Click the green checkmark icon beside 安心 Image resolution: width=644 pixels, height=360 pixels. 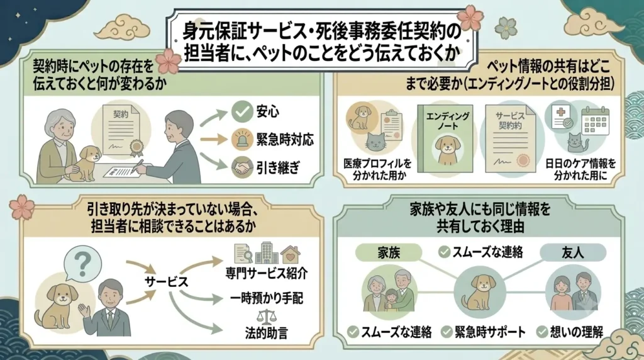pyautogui.click(x=241, y=111)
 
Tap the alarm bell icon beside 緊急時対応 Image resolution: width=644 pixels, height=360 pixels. pyautogui.click(x=241, y=139)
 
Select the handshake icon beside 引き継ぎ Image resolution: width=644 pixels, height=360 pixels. pyautogui.click(x=241, y=167)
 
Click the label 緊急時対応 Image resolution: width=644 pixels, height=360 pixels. pyautogui.click(x=285, y=140)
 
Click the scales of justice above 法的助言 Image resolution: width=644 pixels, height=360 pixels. pyautogui.click(x=266, y=317)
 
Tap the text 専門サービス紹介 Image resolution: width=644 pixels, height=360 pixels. pyautogui.click(x=267, y=273)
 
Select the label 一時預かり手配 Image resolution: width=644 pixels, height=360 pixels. pyautogui.click(x=267, y=298)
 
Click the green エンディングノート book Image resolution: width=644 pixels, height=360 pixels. pyautogui.click(x=445, y=139)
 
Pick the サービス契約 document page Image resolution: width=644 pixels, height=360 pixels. pyautogui.click(x=511, y=139)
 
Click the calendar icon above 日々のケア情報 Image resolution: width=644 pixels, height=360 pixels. pyautogui.click(x=595, y=120)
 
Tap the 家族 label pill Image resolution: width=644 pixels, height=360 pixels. pyautogui.click(x=389, y=253)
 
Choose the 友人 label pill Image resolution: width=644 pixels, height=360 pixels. pyautogui.click(x=573, y=253)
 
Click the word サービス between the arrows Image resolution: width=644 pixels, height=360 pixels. pyautogui.click(x=166, y=282)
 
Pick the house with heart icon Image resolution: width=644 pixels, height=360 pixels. pyautogui.click(x=291, y=254)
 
